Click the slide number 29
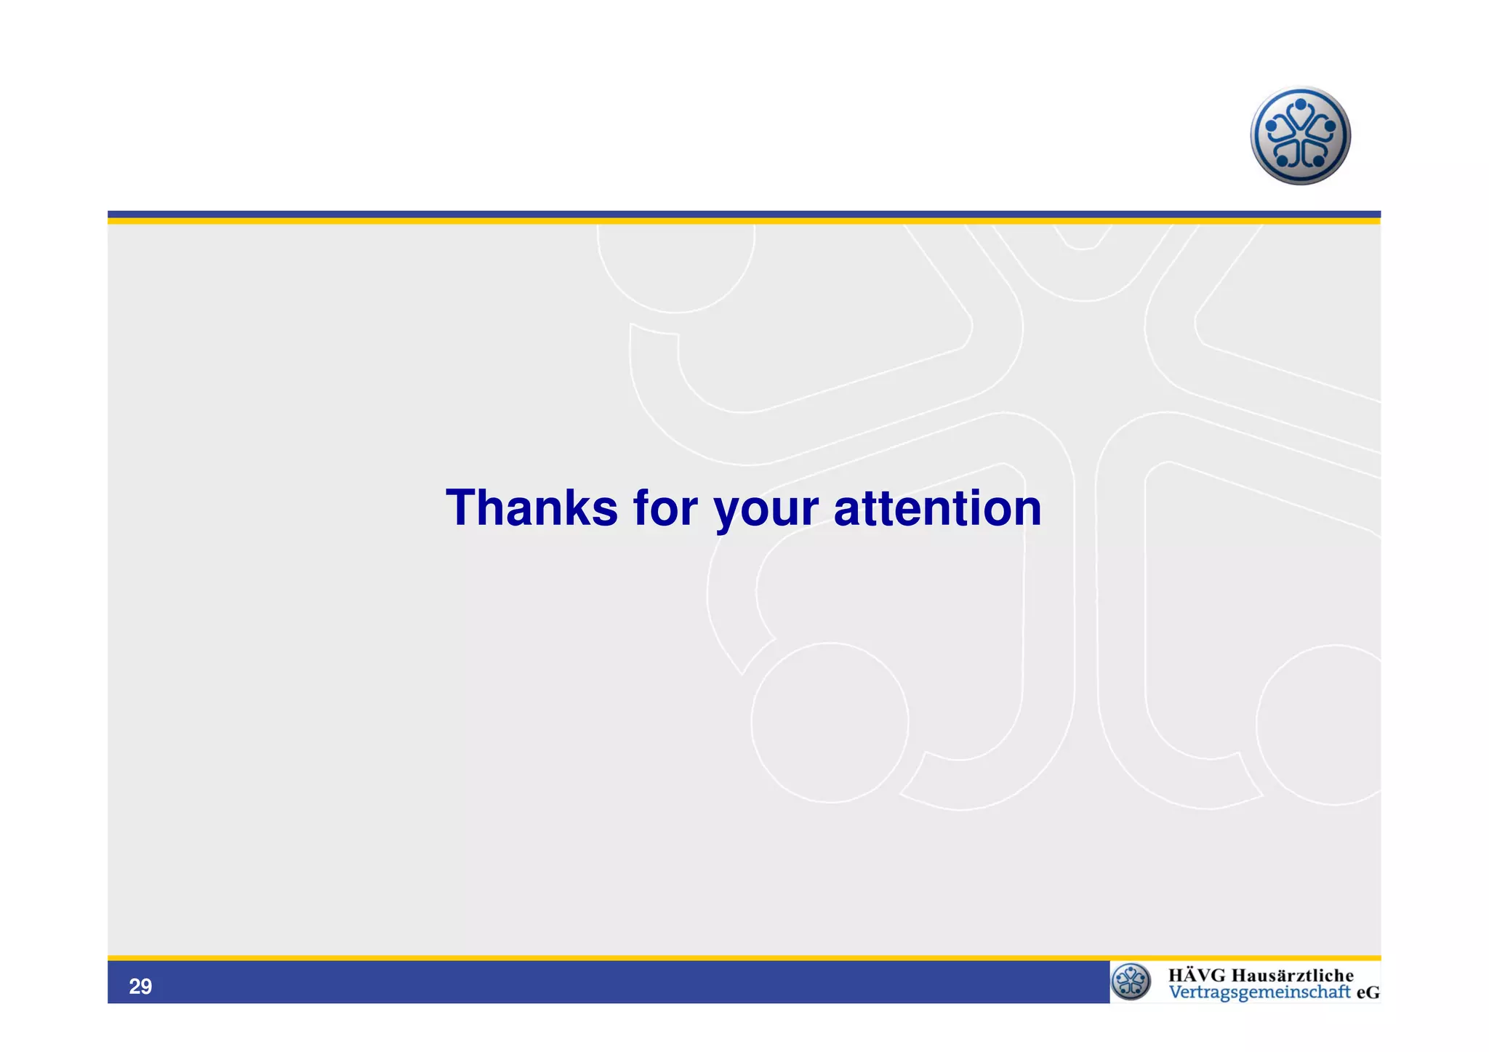(x=140, y=987)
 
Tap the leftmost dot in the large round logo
(x=1271, y=126)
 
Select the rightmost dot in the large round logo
(x=1330, y=126)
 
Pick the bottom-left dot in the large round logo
(x=1283, y=161)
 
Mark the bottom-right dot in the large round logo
(x=1319, y=161)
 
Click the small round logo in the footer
(x=1131, y=981)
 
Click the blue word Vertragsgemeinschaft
(x=1259, y=993)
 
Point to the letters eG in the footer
(x=1368, y=993)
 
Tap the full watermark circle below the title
(x=830, y=723)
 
